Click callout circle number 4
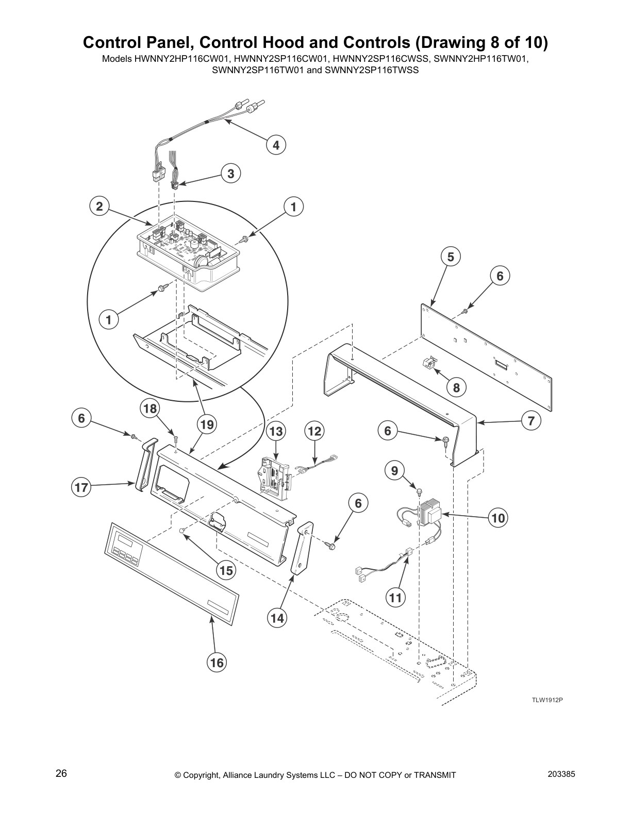tap(276, 145)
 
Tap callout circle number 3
tap(231, 174)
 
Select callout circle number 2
tap(99, 207)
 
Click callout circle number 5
tap(451, 257)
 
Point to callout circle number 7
tap(531, 420)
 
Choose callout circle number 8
tap(456, 386)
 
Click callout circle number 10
tap(498, 517)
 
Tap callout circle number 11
tap(395, 598)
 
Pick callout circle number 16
tap(217, 662)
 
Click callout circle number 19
tap(207, 424)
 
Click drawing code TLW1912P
tap(547, 700)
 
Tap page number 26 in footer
tap(61, 773)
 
